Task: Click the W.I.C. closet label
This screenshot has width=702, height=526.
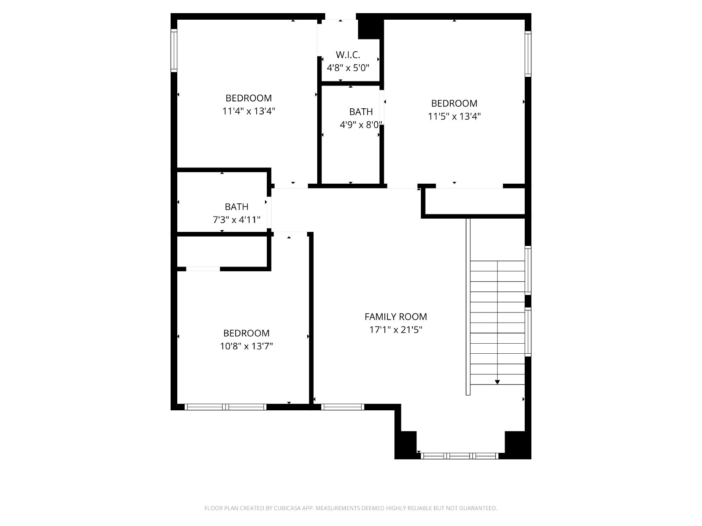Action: (347, 55)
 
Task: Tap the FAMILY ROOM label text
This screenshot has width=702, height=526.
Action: (396, 316)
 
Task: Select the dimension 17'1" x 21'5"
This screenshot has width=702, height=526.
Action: (396, 330)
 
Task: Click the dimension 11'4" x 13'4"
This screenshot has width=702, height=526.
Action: (248, 111)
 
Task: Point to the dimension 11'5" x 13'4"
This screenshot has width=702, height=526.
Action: (454, 116)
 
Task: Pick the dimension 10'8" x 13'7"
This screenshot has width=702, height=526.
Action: (246, 346)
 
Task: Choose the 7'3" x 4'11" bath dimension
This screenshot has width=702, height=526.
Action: (236, 220)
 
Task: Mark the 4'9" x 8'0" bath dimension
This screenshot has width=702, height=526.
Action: (361, 124)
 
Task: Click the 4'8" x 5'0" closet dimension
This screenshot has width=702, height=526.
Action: (348, 68)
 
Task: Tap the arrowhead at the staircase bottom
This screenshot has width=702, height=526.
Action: (497, 382)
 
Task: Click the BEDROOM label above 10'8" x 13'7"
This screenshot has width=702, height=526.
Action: (246, 333)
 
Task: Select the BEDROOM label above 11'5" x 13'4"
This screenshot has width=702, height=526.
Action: (454, 103)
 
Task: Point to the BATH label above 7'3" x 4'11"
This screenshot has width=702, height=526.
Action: (236, 206)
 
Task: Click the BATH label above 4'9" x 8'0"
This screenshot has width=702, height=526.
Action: (361, 111)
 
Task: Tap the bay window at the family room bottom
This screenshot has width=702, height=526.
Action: (459, 456)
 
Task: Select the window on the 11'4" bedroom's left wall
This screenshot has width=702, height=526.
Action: (174, 50)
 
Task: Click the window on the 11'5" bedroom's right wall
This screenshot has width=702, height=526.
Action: (528, 53)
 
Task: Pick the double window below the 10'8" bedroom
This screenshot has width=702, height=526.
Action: (226, 407)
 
